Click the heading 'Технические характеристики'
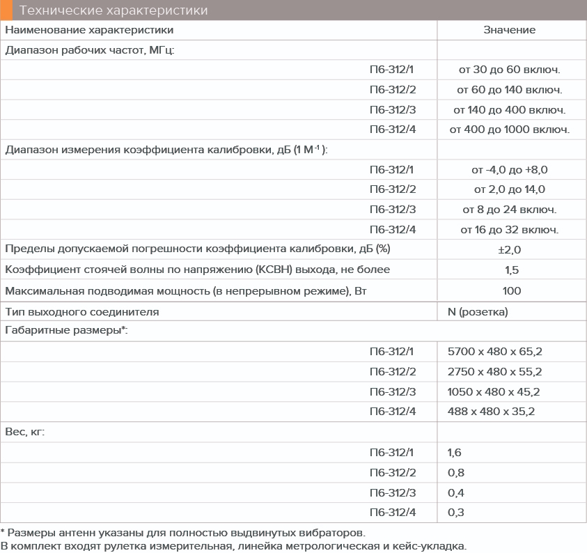(x=114, y=10)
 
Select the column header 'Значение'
(x=509, y=30)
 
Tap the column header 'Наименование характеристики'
(x=90, y=30)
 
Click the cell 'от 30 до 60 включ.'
(x=509, y=70)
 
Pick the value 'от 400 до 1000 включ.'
(x=509, y=130)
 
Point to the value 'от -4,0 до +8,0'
(x=509, y=169)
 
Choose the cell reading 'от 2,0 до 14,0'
(x=509, y=189)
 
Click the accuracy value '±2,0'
(x=509, y=249)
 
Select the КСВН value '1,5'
(x=509, y=270)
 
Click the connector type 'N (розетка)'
(x=478, y=311)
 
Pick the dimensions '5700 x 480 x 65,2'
(x=494, y=352)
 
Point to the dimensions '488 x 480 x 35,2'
(x=491, y=412)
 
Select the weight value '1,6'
(x=455, y=453)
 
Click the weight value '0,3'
(x=455, y=513)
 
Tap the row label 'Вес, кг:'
(x=25, y=432)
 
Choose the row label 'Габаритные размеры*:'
(x=66, y=331)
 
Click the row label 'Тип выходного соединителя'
(x=82, y=311)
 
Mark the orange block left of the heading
(x=6, y=10)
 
